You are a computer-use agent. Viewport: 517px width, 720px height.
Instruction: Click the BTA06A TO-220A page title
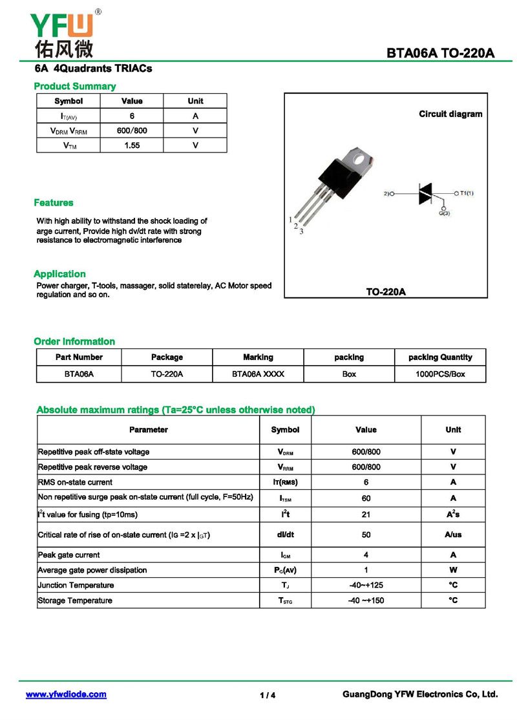[441, 54]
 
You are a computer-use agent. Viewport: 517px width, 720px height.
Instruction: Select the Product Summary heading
[74, 86]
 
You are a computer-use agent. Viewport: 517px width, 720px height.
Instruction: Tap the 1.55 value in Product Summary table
[132, 145]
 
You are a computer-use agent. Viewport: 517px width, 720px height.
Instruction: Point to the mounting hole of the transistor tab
[363, 157]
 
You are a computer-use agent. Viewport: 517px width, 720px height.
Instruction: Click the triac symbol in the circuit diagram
[425, 193]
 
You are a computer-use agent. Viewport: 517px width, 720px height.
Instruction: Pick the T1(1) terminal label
[467, 193]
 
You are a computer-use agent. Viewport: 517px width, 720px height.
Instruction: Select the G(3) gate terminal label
[443, 213]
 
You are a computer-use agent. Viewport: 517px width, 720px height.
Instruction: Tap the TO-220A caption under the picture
[386, 291]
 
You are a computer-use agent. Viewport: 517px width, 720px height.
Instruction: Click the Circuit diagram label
[450, 114]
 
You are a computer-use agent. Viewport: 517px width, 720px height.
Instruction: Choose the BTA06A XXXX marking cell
[258, 374]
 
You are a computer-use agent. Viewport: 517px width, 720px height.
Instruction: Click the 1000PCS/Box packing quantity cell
[440, 374]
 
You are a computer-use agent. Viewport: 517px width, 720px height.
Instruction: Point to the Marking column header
[258, 357]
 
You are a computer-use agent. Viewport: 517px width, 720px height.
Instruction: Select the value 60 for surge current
[366, 498]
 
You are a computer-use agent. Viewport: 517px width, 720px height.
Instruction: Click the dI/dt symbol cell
[285, 535]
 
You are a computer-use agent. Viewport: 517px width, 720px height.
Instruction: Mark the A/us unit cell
[453, 535]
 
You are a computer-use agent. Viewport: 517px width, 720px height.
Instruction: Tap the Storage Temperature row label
[75, 600]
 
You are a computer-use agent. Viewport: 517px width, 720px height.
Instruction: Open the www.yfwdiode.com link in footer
[66, 694]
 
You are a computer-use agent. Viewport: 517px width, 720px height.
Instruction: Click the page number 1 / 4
[268, 695]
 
